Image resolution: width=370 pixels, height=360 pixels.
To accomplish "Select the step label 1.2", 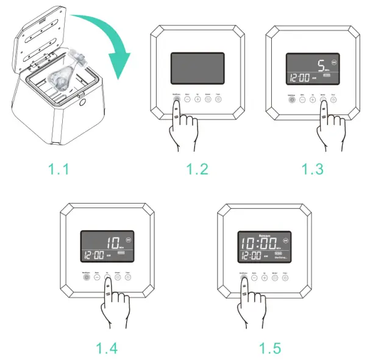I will [x=196, y=168].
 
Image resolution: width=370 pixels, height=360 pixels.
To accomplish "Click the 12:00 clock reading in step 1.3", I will [x=298, y=77].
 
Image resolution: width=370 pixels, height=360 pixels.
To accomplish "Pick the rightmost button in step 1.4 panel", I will [x=128, y=276].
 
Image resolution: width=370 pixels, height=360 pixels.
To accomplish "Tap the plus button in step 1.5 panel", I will [x=265, y=276].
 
